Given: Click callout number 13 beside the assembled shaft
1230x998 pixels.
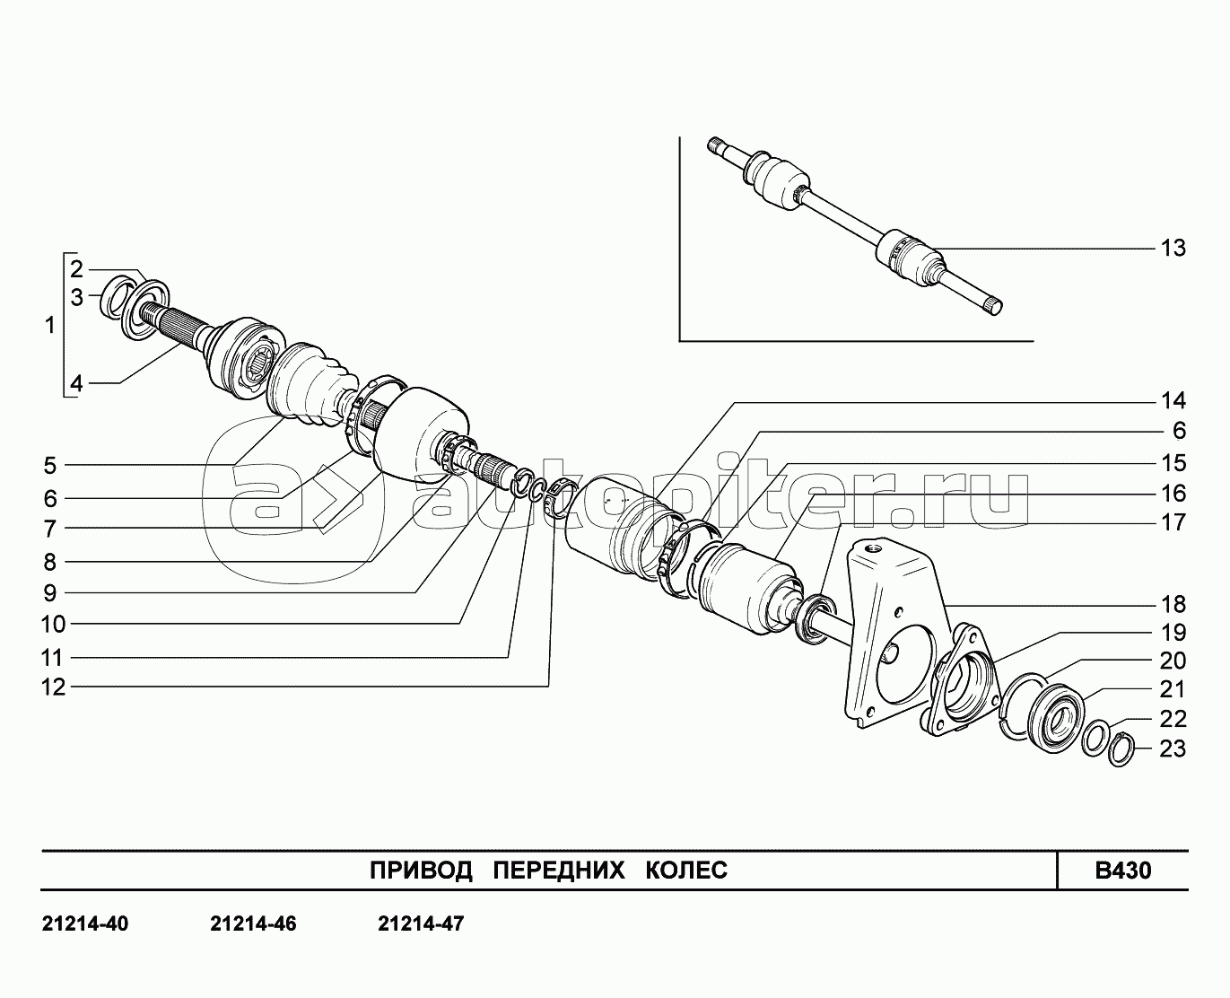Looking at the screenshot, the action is (1173, 249).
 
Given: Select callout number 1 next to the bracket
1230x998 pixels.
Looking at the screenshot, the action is (50, 325).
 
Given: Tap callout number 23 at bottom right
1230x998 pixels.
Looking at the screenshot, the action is (1173, 749).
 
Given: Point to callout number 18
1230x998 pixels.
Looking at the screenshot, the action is (1173, 605).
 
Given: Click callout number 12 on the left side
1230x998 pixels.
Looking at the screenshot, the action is (53, 687).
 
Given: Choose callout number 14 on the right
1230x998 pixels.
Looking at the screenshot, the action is (1173, 400).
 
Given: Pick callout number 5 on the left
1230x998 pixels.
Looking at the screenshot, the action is (50, 466).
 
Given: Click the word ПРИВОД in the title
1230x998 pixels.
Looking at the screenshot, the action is (421, 871).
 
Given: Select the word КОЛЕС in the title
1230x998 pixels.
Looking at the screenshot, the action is (686, 871).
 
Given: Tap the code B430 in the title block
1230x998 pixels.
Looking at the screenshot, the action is (1123, 871).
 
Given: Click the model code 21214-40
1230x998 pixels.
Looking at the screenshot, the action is (85, 924).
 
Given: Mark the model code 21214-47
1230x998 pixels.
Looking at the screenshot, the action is (421, 924).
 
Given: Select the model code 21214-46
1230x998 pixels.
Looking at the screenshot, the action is (253, 924).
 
